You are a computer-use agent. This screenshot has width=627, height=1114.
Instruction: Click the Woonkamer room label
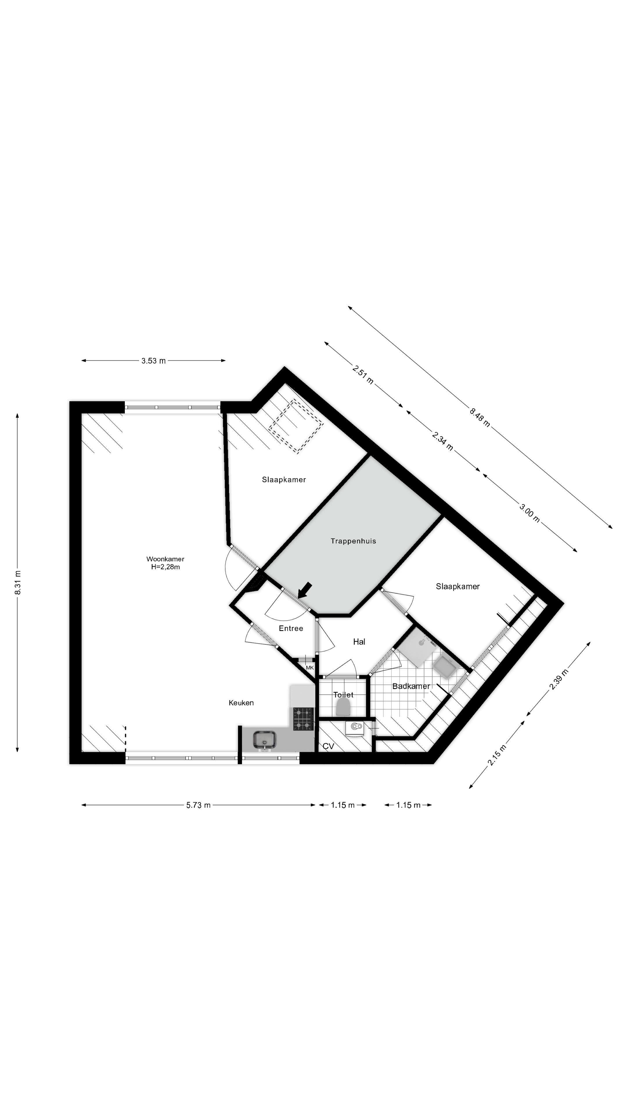(x=165, y=559)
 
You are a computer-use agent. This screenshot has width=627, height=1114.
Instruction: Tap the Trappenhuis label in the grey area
(x=353, y=541)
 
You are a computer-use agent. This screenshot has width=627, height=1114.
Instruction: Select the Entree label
(x=291, y=628)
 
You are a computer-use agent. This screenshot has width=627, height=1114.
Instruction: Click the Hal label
(x=359, y=642)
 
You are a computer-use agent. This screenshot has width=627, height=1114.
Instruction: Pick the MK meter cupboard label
(x=309, y=668)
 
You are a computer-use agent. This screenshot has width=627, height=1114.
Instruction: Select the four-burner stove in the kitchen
(x=303, y=719)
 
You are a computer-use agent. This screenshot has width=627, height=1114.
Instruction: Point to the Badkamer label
(x=411, y=686)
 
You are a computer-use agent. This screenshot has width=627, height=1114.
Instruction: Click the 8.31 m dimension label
(x=18, y=583)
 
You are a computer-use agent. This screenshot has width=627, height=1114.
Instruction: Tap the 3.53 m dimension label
(x=153, y=361)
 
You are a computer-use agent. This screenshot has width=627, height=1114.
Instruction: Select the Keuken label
(x=241, y=703)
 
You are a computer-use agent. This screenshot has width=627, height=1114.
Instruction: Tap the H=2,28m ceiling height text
(x=165, y=567)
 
